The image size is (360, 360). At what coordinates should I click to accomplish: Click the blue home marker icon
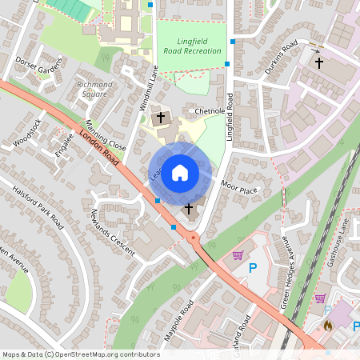tap(180, 172)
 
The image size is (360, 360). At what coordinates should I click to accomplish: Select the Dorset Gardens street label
tap(38, 63)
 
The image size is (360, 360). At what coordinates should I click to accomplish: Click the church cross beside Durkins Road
tap(318, 62)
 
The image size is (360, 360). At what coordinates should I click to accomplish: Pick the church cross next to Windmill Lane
tap(161, 118)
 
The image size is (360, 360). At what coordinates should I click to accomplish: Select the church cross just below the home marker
tap(190, 210)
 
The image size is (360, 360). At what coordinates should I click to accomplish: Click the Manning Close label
tap(106, 137)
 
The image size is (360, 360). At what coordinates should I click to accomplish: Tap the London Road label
tap(99, 148)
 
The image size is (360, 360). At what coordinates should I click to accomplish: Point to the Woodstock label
tap(28, 133)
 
